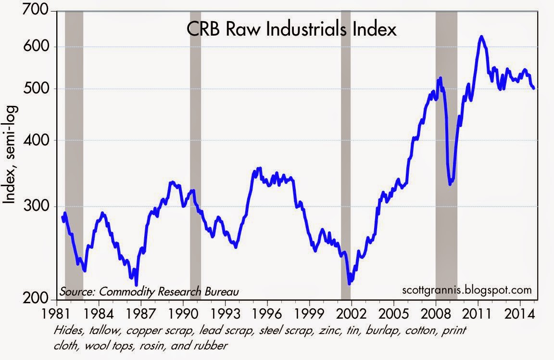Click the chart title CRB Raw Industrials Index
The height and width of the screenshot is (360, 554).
tap(291, 30)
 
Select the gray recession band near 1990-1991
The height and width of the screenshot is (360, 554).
tap(195, 154)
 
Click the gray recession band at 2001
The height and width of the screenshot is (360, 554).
tap(346, 154)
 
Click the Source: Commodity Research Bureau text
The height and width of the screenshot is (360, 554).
tap(149, 292)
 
